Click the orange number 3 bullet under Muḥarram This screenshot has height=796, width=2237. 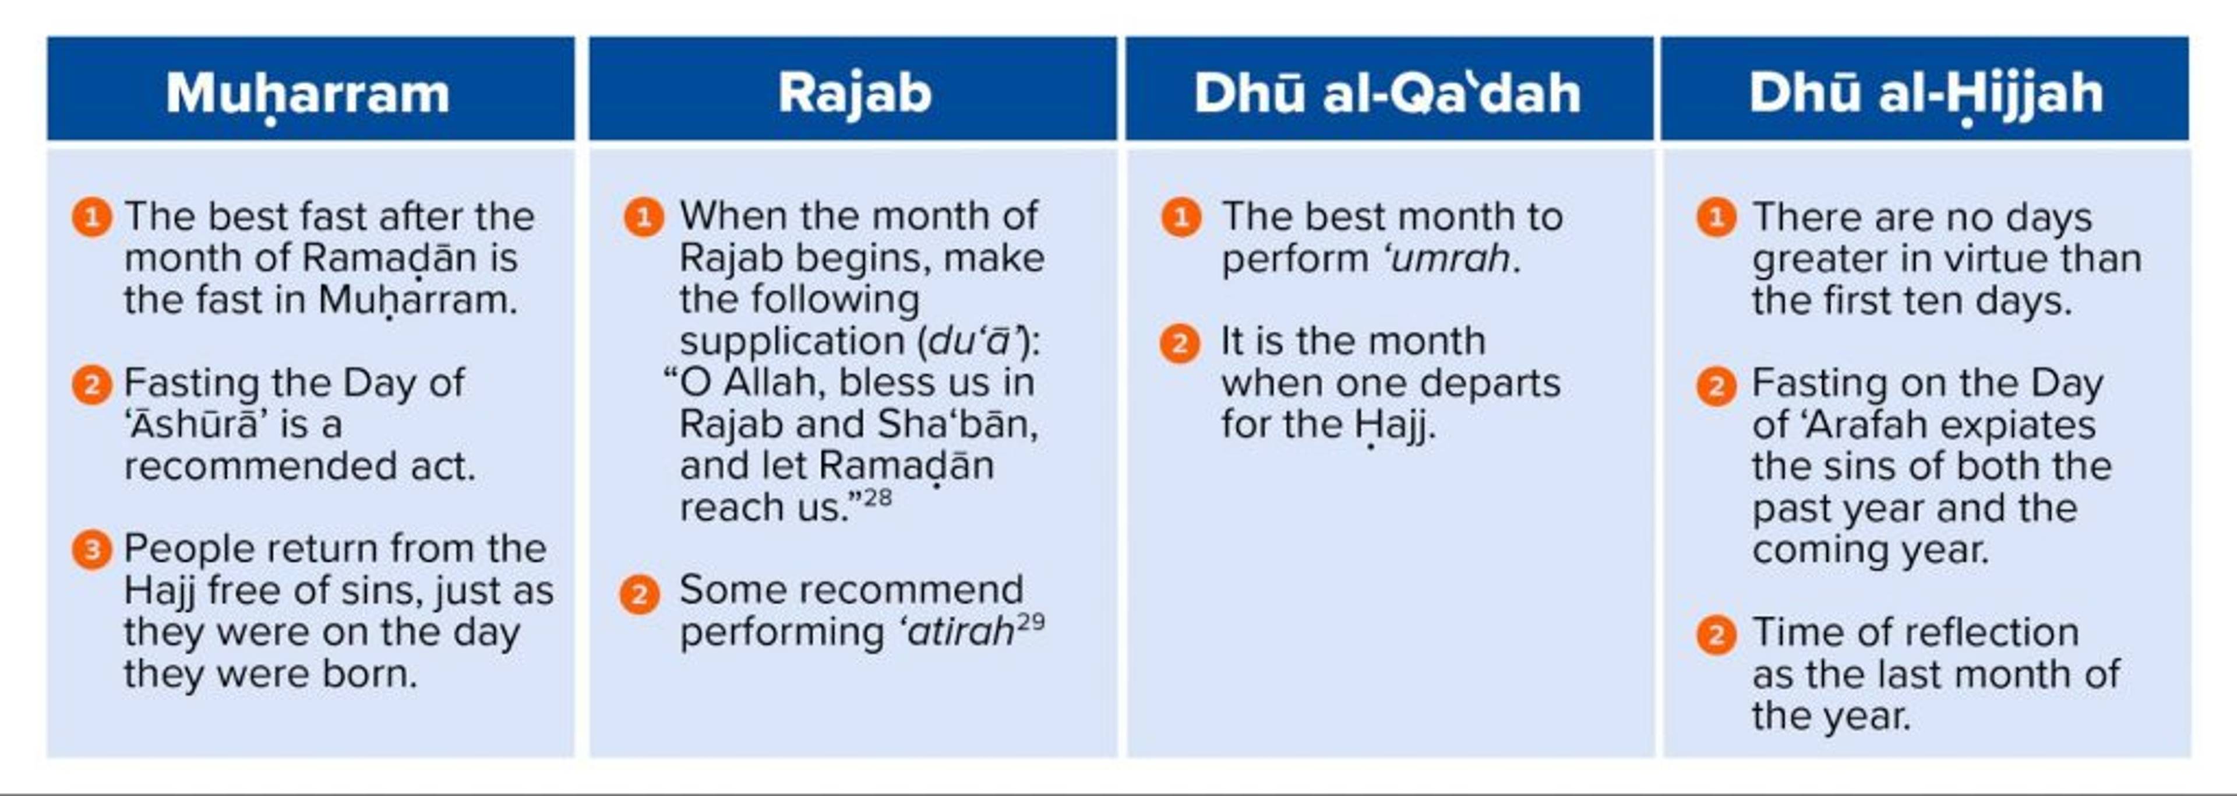pyautogui.click(x=92, y=549)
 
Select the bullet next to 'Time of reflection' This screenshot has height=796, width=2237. pyautogui.click(x=1716, y=634)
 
